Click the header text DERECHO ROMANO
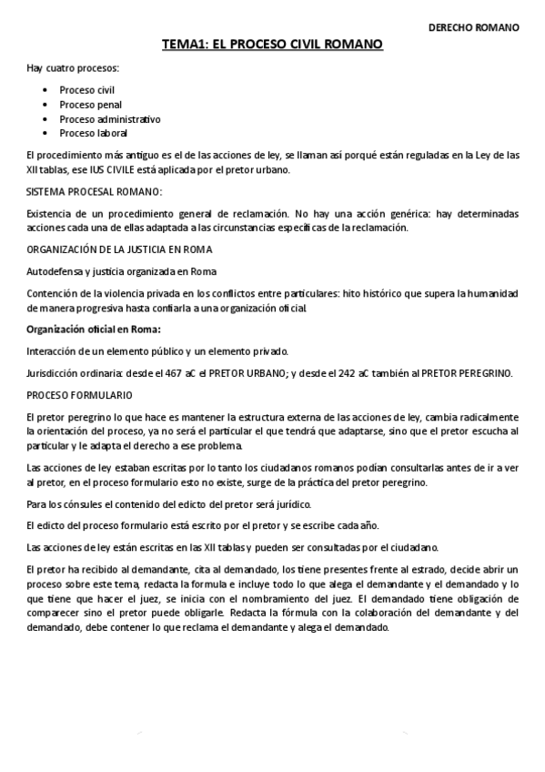coord(474,27)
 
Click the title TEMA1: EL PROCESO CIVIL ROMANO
coord(272,44)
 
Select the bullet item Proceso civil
coord(87,90)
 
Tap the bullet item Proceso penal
coord(90,105)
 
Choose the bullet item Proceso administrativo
coord(110,119)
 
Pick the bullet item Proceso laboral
coord(94,133)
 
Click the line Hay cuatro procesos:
coord(73,68)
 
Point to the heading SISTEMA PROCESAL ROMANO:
coord(95,190)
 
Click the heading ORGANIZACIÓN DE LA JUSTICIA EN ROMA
coord(121,249)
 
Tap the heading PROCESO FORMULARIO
coord(80,394)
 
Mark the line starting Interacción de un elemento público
coord(158,350)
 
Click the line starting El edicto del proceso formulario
coord(203,525)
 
